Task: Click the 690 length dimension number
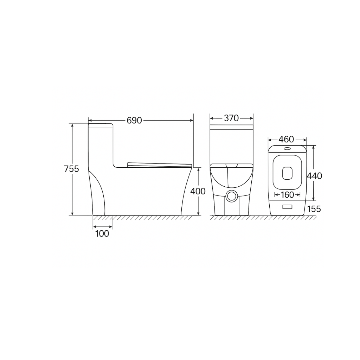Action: pyautogui.click(x=134, y=121)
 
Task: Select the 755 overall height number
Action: pyautogui.click(x=71, y=169)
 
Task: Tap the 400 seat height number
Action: pyautogui.click(x=198, y=191)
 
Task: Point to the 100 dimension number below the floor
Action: pyautogui.click(x=102, y=233)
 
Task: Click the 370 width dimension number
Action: pyautogui.click(x=231, y=118)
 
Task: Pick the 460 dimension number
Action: pyautogui.click(x=286, y=140)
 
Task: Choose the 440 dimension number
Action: pyautogui.click(x=314, y=176)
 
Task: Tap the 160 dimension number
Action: pyautogui.click(x=288, y=195)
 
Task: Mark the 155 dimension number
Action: pyautogui.click(x=314, y=209)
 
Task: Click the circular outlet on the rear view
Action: pyautogui.click(x=231, y=196)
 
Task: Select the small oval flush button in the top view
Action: pyautogui.click(x=287, y=149)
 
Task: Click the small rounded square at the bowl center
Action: pyautogui.click(x=288, y=172)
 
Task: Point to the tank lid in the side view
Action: pyautogui.click(x=100, y=125)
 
